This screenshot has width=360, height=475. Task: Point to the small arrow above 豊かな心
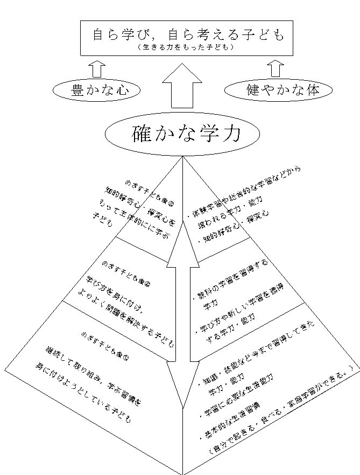[x=97, y=68]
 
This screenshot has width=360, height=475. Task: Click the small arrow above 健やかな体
[x=276, y=68]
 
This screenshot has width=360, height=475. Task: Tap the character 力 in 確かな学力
[x=225, y=134]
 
